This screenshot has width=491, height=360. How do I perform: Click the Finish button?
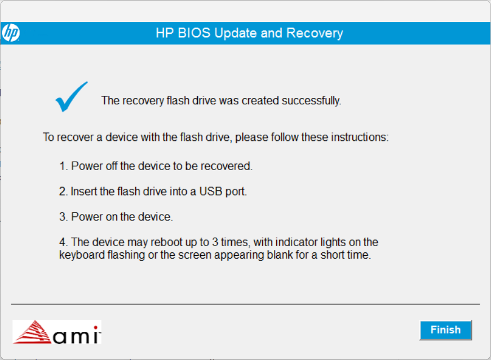[x=445, y=330]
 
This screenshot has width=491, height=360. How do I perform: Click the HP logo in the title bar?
[x=11, y=33]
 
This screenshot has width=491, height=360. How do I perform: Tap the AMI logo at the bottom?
[x=57, y=332]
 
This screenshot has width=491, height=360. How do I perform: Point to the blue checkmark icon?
[x=71, y=96]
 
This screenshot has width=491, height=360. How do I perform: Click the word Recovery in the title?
[x=315, y=33]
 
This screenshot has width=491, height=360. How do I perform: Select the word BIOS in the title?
[x=197, y=33]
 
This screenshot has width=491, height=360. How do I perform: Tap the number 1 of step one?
[x=63, y=167]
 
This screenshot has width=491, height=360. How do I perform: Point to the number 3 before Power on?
[x=63, y=217]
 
